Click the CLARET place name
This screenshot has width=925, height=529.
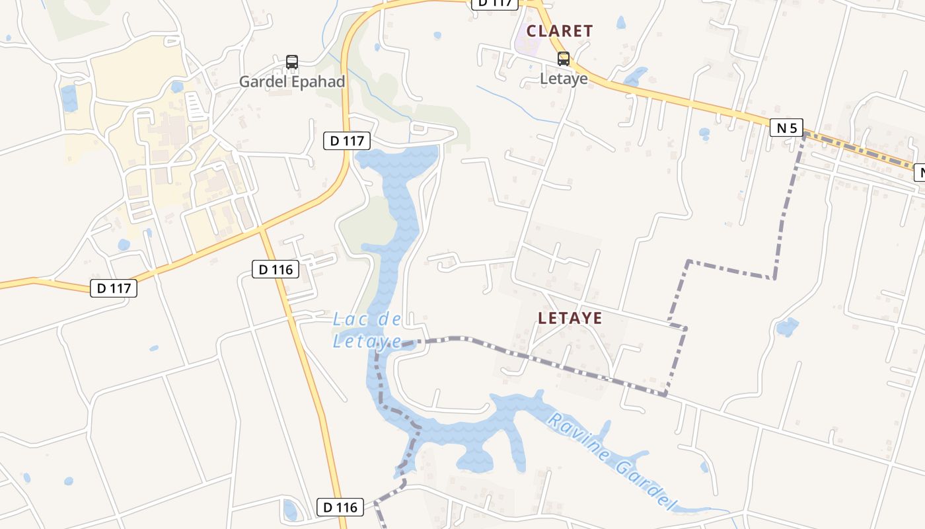[x=560, y=31]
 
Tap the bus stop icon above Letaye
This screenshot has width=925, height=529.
[x=564, y=59]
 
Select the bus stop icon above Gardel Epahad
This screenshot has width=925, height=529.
[x=292, y=62]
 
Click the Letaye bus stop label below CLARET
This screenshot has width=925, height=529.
[x=564, y=79]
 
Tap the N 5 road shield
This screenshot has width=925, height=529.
[x=786, y=128]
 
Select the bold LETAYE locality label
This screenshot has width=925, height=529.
[x=570, y=318]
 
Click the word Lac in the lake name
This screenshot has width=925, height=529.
[x=348, y=320]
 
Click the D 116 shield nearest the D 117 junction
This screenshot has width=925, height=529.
[x=276, y=269]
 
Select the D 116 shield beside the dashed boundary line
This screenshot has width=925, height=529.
[x=340, y=507]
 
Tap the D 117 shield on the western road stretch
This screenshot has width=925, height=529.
[x=114, y=288]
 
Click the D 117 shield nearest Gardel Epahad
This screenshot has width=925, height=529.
[x=347, y=141]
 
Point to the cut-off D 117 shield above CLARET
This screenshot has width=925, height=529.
[x=494, y=3]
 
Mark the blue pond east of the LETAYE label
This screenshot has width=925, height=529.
[x=786, y=327]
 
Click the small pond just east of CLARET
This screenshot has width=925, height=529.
[x=620, y=23]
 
